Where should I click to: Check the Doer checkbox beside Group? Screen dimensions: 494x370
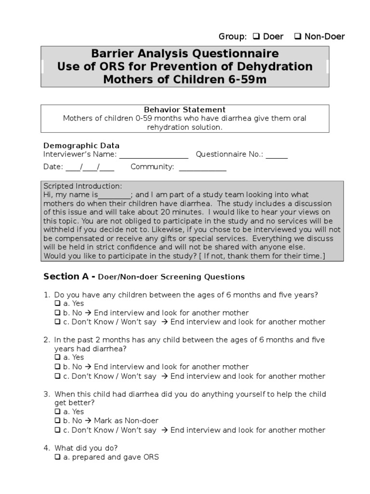coord(255,37)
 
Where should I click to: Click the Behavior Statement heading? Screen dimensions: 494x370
coord(185,110)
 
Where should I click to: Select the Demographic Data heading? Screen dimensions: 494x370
coord(81,145)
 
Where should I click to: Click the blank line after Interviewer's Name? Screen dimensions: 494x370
coord(153,155)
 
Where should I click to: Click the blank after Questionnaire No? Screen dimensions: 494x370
coord(277,155)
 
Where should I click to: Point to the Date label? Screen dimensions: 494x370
coord(53,167)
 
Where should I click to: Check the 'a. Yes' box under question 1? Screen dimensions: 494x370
coord(57,304)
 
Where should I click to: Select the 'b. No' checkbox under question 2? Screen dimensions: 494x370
coord(57,367)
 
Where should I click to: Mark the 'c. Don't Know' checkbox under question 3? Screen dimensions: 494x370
coord(57,430)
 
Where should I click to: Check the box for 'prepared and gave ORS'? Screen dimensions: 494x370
coord(57,457)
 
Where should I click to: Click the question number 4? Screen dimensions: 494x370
coord(47,448)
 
